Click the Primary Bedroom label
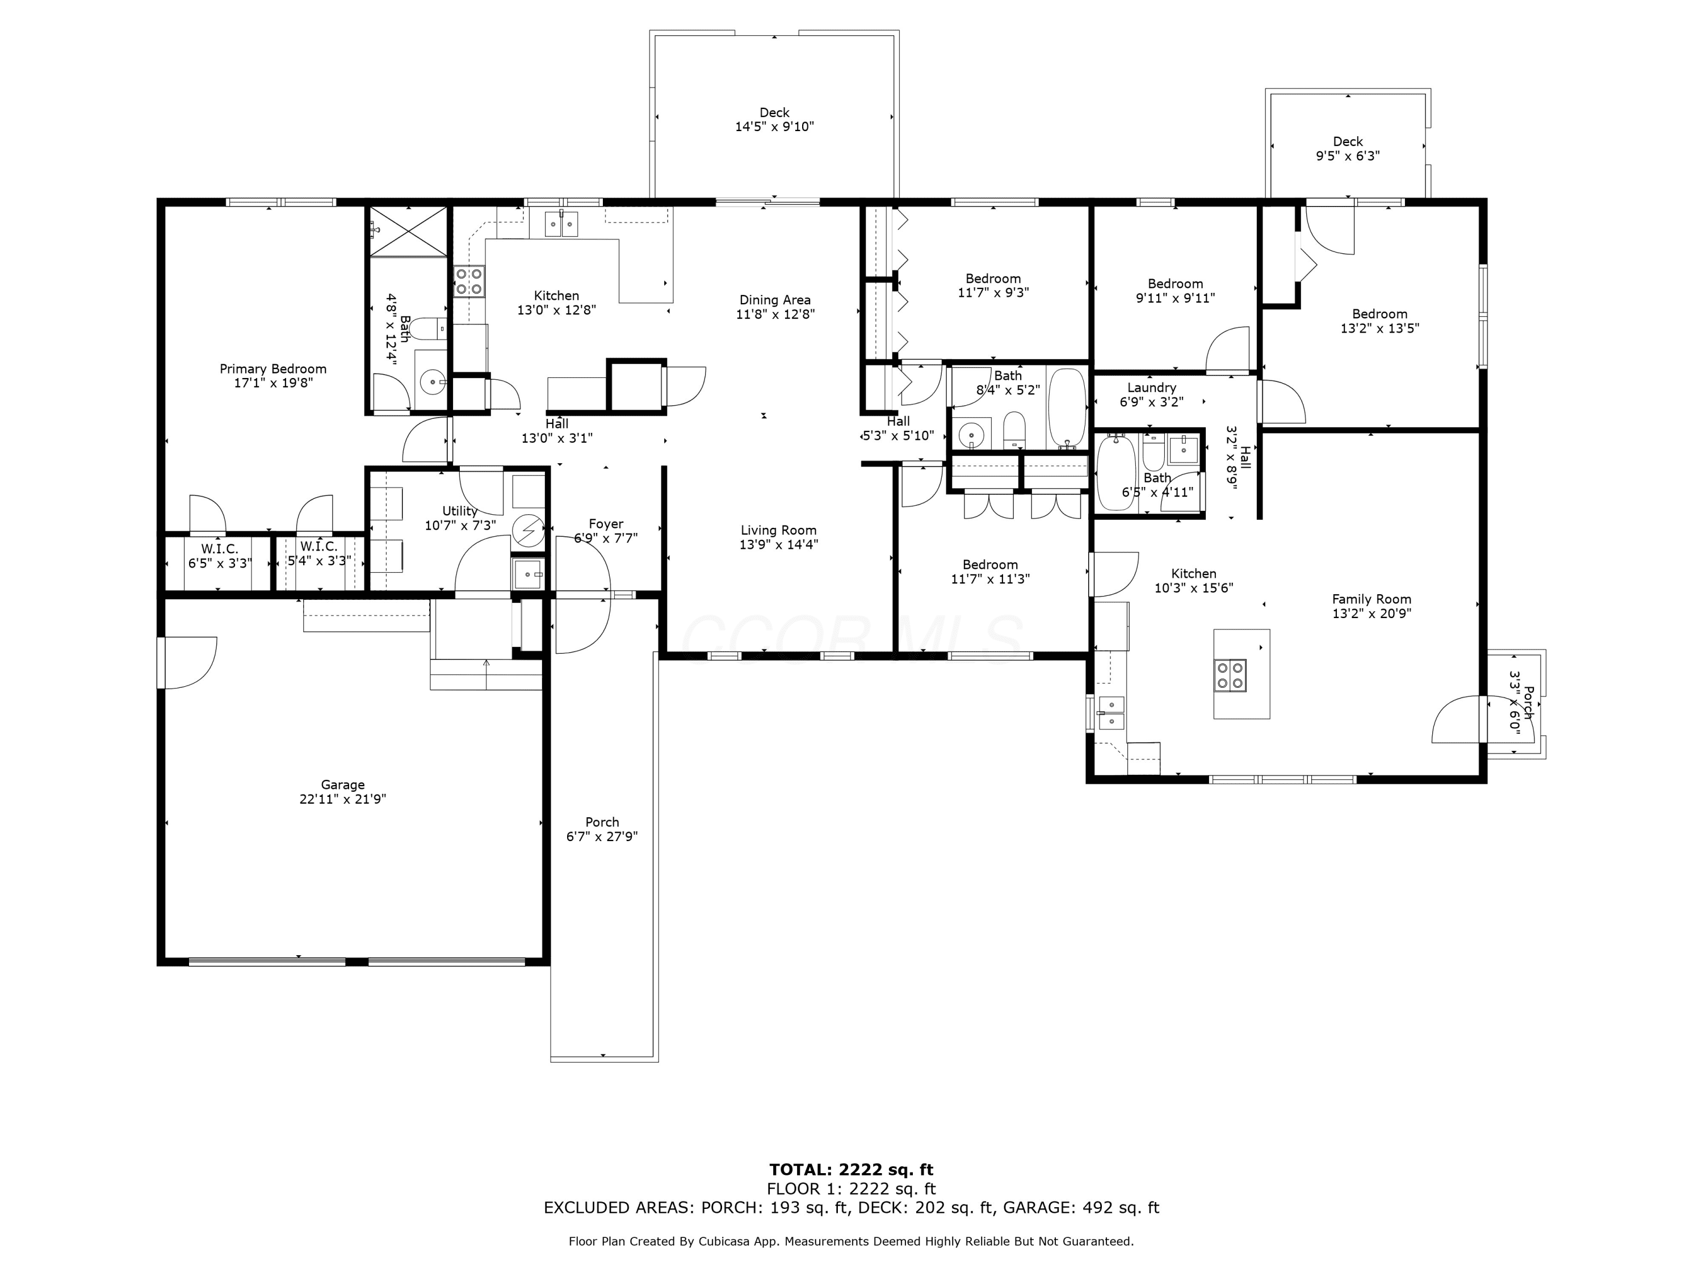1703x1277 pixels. coord(273,369)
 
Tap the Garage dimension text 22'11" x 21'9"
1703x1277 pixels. coord(343,799)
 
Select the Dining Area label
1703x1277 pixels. coord(775,300)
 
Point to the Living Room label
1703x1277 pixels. coord(778,530)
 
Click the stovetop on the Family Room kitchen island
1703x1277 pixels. coord(1230,675)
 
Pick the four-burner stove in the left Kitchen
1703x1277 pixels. coord(469,281)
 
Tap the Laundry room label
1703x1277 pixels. coord(1152,388)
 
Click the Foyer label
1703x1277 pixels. coord(606,524)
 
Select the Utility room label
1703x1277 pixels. coord(460,511)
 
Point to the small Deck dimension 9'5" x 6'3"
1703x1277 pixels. coord(1347,156)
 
